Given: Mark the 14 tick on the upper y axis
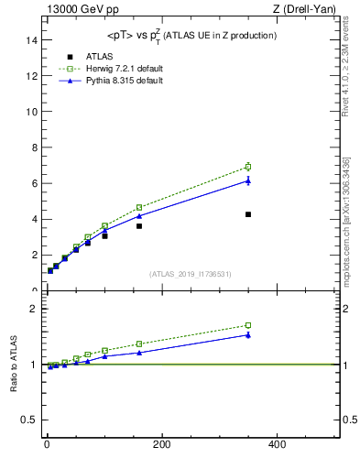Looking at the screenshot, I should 33,40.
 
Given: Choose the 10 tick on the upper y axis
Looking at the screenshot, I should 33,112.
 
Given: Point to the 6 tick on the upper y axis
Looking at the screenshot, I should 35,183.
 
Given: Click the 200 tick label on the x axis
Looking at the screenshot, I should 161,444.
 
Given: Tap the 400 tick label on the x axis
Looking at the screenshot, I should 276,444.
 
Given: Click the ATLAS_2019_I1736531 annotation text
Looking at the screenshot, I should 191,274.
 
